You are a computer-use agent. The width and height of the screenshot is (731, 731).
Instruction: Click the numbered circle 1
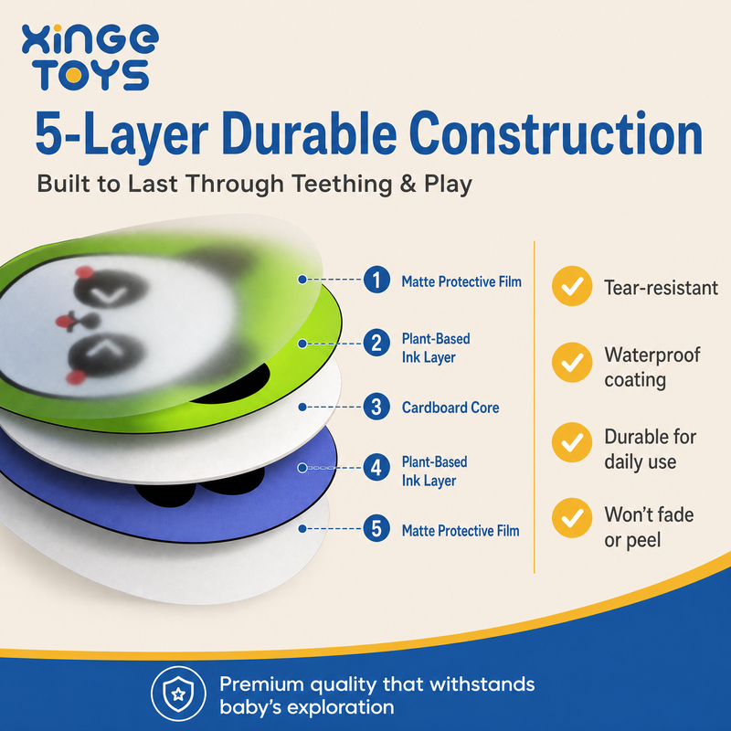tap(376, 280)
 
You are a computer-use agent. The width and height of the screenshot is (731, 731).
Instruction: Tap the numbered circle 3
tap(376, 407)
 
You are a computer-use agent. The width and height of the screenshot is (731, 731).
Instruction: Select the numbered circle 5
tap(376, 528)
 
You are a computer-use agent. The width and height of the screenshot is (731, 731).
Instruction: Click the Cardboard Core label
tap(450, 408)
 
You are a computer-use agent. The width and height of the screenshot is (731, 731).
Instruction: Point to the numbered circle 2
tap(376, 344)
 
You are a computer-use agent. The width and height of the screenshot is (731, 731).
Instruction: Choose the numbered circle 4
tap(376, 467)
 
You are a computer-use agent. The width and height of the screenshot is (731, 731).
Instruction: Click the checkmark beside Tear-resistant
tap(572, 286)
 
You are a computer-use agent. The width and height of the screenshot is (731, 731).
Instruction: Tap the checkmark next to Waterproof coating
tap(572, 362)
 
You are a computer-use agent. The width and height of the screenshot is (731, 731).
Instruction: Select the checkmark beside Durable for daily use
tap(572, 442)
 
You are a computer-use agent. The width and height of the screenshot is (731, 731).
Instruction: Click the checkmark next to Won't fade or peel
tap(572, 517)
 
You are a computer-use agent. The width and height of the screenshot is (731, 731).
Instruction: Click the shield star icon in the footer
tap(178, 694)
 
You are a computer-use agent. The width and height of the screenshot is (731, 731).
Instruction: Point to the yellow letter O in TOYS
tap(73, 75)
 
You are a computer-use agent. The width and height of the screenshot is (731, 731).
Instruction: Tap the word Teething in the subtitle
tap(342, 184)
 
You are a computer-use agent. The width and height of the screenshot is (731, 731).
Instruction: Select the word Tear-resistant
tap(661, 288)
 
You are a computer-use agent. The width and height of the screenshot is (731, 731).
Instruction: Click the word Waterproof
tap(652, 355)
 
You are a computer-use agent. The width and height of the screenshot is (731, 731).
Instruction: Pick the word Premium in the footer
tap(261, 684)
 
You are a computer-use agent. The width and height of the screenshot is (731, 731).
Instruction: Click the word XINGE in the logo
tap(90, 39)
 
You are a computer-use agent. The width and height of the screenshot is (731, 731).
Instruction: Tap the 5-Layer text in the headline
tap(122, 135)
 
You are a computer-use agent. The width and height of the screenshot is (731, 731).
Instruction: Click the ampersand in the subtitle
tap(408, 184)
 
